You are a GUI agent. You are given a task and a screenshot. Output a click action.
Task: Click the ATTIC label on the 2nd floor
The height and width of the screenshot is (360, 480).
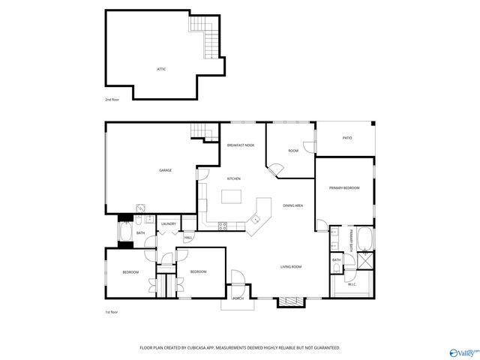161,69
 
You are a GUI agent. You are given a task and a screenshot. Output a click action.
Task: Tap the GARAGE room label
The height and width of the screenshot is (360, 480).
165,170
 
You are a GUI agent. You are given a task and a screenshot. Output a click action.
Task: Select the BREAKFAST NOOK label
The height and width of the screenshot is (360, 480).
239,145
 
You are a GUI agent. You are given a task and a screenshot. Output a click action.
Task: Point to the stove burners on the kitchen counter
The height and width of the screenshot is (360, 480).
222,226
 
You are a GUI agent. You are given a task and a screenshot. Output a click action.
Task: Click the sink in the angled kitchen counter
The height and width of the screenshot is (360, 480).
255,220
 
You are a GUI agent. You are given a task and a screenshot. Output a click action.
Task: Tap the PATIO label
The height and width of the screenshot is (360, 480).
347,138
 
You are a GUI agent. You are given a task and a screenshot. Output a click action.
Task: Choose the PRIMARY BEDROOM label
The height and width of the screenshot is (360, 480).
344,187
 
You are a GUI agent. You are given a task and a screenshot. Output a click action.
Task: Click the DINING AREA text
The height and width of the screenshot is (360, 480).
292,205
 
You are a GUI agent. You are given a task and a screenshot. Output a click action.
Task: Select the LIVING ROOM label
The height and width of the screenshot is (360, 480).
291,267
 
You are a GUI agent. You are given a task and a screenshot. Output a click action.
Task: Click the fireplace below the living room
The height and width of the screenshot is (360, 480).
292,301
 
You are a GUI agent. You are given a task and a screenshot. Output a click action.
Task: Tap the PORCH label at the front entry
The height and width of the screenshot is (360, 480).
238,298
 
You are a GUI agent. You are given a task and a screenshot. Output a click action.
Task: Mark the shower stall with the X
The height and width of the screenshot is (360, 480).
367,261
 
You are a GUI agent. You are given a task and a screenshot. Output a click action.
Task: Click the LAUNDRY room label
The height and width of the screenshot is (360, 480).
169,223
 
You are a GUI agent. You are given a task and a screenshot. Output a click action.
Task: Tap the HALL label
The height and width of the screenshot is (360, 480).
187,238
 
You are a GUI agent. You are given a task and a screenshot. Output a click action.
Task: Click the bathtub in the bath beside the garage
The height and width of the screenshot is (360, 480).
125,233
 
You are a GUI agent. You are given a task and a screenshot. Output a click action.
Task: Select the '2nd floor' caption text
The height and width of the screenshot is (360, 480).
112,99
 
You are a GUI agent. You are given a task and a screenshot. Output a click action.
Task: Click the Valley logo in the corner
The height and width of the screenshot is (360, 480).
463,351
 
